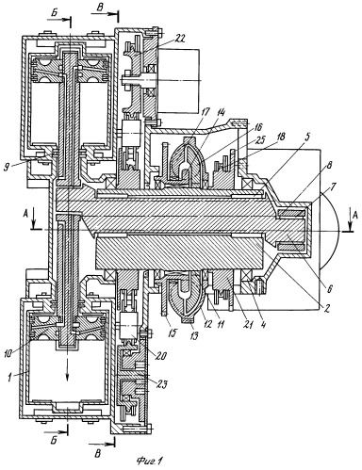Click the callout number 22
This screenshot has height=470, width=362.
[179, 38]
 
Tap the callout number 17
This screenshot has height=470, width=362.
[206, 112]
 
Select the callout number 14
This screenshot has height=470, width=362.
[221, 112]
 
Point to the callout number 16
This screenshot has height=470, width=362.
[258, 126]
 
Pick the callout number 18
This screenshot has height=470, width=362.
[281, 137]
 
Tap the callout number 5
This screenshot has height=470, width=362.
[307, 137]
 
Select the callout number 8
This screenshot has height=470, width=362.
[328, 165]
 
